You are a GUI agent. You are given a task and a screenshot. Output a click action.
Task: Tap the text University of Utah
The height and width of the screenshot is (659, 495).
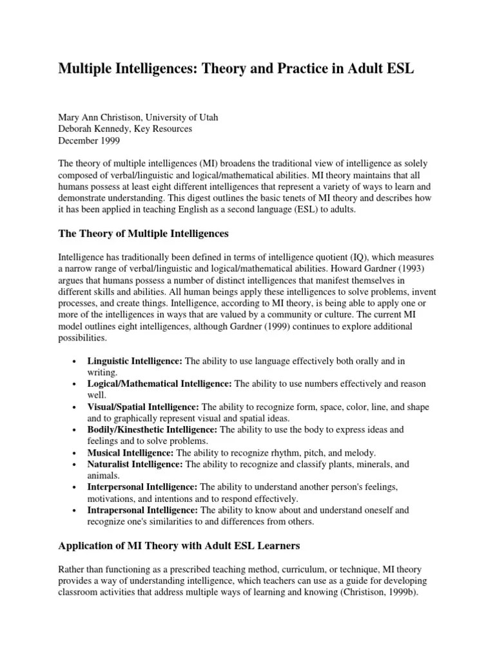(182, 117)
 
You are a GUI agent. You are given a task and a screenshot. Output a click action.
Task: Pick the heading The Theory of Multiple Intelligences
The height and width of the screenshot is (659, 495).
(144, 233)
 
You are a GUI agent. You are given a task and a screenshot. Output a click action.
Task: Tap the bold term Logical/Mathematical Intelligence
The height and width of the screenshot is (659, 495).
(160, 384)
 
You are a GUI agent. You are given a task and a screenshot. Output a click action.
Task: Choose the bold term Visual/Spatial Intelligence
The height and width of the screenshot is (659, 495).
(144, 407)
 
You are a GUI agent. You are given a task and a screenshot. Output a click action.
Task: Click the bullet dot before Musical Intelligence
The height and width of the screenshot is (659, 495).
(76, 453)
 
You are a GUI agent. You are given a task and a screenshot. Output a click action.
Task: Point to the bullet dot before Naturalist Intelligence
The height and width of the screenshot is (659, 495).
(76, 465)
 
